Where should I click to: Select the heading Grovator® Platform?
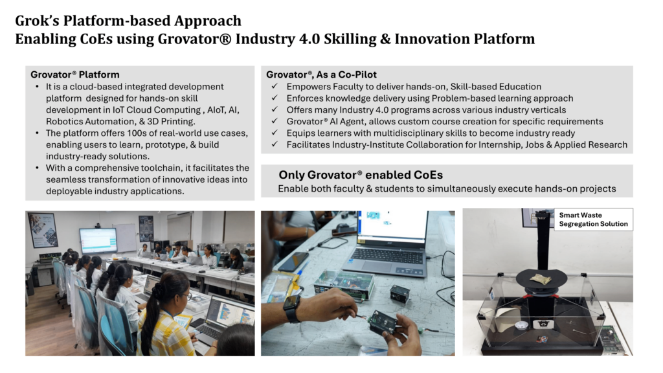click(75, 74)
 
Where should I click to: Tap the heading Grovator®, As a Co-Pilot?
click(321, 74)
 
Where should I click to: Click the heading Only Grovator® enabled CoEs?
click(361, 175)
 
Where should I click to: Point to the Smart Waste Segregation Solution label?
click(593, 220)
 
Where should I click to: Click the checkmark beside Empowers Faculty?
click(275, 86)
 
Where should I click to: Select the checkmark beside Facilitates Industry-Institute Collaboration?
click(275, 144)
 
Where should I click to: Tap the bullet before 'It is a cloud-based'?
click(37, 87)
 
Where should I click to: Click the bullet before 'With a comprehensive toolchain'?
click(37, 168)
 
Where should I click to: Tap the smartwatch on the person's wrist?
click(292, 308)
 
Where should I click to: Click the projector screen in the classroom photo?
click(98, 240)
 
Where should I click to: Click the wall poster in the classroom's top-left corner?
click(43, 230)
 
